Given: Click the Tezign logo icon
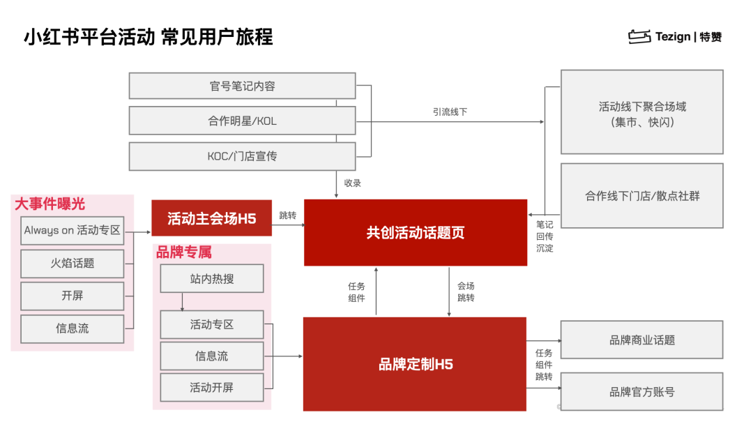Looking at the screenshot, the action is pos(639,36).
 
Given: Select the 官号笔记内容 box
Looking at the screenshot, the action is pos(242,86).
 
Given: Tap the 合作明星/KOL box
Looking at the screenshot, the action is pos(242,121).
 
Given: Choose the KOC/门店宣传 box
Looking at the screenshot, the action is pos(242,156).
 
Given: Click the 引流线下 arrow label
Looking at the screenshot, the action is pos(450,112).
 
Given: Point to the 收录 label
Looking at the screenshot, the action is pos(353,183).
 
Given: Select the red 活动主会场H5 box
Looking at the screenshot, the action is pos(212,218).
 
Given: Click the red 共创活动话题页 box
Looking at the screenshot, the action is pos(416,232).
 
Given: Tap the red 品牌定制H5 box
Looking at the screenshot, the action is pos(415,364).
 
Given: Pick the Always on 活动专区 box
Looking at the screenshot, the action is pos(72,231).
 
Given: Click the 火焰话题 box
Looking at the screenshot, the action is pos(72,263).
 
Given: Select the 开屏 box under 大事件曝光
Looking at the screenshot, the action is pos(72,296).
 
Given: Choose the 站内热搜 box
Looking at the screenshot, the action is pos(212,278).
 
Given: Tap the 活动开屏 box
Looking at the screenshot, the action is pos(212,388).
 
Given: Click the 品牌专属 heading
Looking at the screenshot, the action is pos(184,252).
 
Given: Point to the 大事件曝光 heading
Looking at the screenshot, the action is pos(50,204).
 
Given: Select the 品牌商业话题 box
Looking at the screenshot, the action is pos(642,340).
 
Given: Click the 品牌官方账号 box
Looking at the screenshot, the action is pos(642,392).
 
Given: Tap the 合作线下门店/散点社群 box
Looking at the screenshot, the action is pos(642,196).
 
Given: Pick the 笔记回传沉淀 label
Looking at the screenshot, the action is pos(545,236).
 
